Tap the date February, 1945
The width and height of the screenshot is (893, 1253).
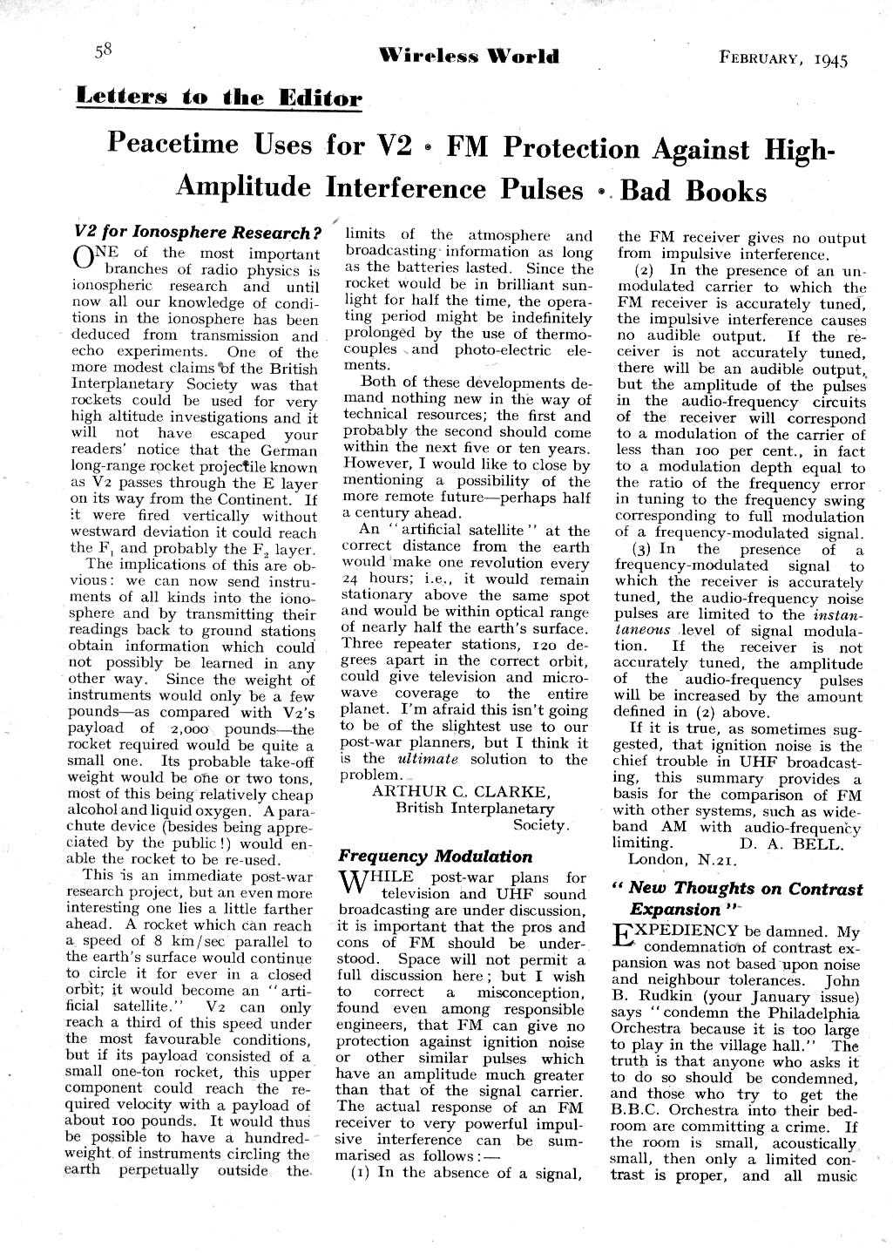pos(783,59)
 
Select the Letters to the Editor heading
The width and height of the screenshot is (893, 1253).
pos(218,97)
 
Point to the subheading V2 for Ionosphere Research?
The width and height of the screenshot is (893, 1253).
pos(200,233)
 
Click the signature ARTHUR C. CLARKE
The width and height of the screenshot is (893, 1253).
pos(461,791)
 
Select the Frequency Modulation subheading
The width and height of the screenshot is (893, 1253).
pos(435,856)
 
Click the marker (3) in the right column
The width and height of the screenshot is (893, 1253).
pos(642,550)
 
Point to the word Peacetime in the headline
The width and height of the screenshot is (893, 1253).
pos(209,144)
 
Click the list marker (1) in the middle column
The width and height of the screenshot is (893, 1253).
pos(362,1172)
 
